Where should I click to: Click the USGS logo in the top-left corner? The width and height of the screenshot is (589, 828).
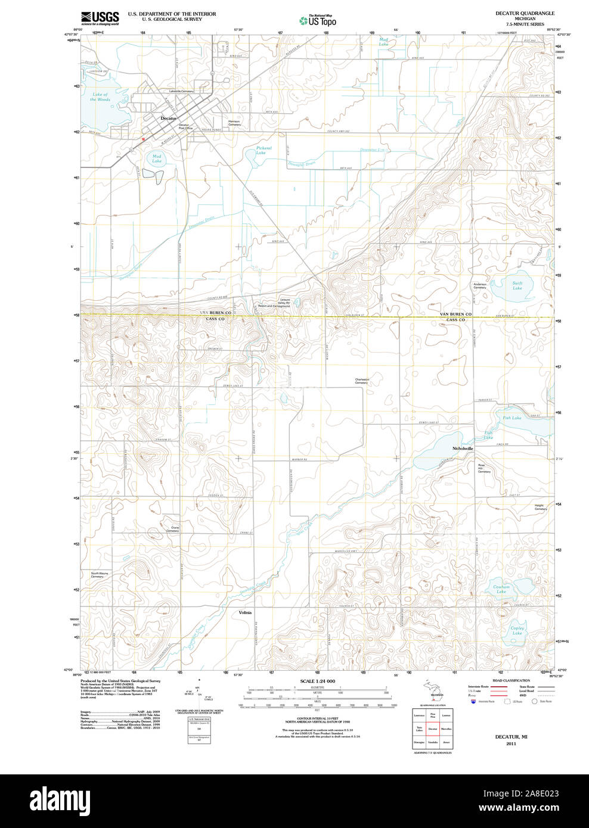point(100,17)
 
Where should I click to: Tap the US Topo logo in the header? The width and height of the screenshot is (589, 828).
point(318,21)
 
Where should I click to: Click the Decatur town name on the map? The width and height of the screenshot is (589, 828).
point(168,119)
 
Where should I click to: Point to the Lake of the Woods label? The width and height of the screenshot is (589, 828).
point(100,97)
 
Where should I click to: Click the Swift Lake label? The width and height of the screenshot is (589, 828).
point(517,285)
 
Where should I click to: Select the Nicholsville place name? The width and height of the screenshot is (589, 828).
point(463,448)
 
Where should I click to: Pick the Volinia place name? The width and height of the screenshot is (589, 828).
point(245,612)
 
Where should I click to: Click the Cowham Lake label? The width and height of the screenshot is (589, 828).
point(501,589)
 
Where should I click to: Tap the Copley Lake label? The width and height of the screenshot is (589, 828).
point(517,630)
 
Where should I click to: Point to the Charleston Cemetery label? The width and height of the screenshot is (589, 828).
point(362,381)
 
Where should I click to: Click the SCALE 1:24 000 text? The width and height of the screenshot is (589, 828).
point(317,681)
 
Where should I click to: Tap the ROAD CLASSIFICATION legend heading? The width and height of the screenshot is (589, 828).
point(511,680)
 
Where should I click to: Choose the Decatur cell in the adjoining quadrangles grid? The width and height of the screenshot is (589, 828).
point(433,729)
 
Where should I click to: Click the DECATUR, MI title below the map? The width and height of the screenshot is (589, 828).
point(511,737)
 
